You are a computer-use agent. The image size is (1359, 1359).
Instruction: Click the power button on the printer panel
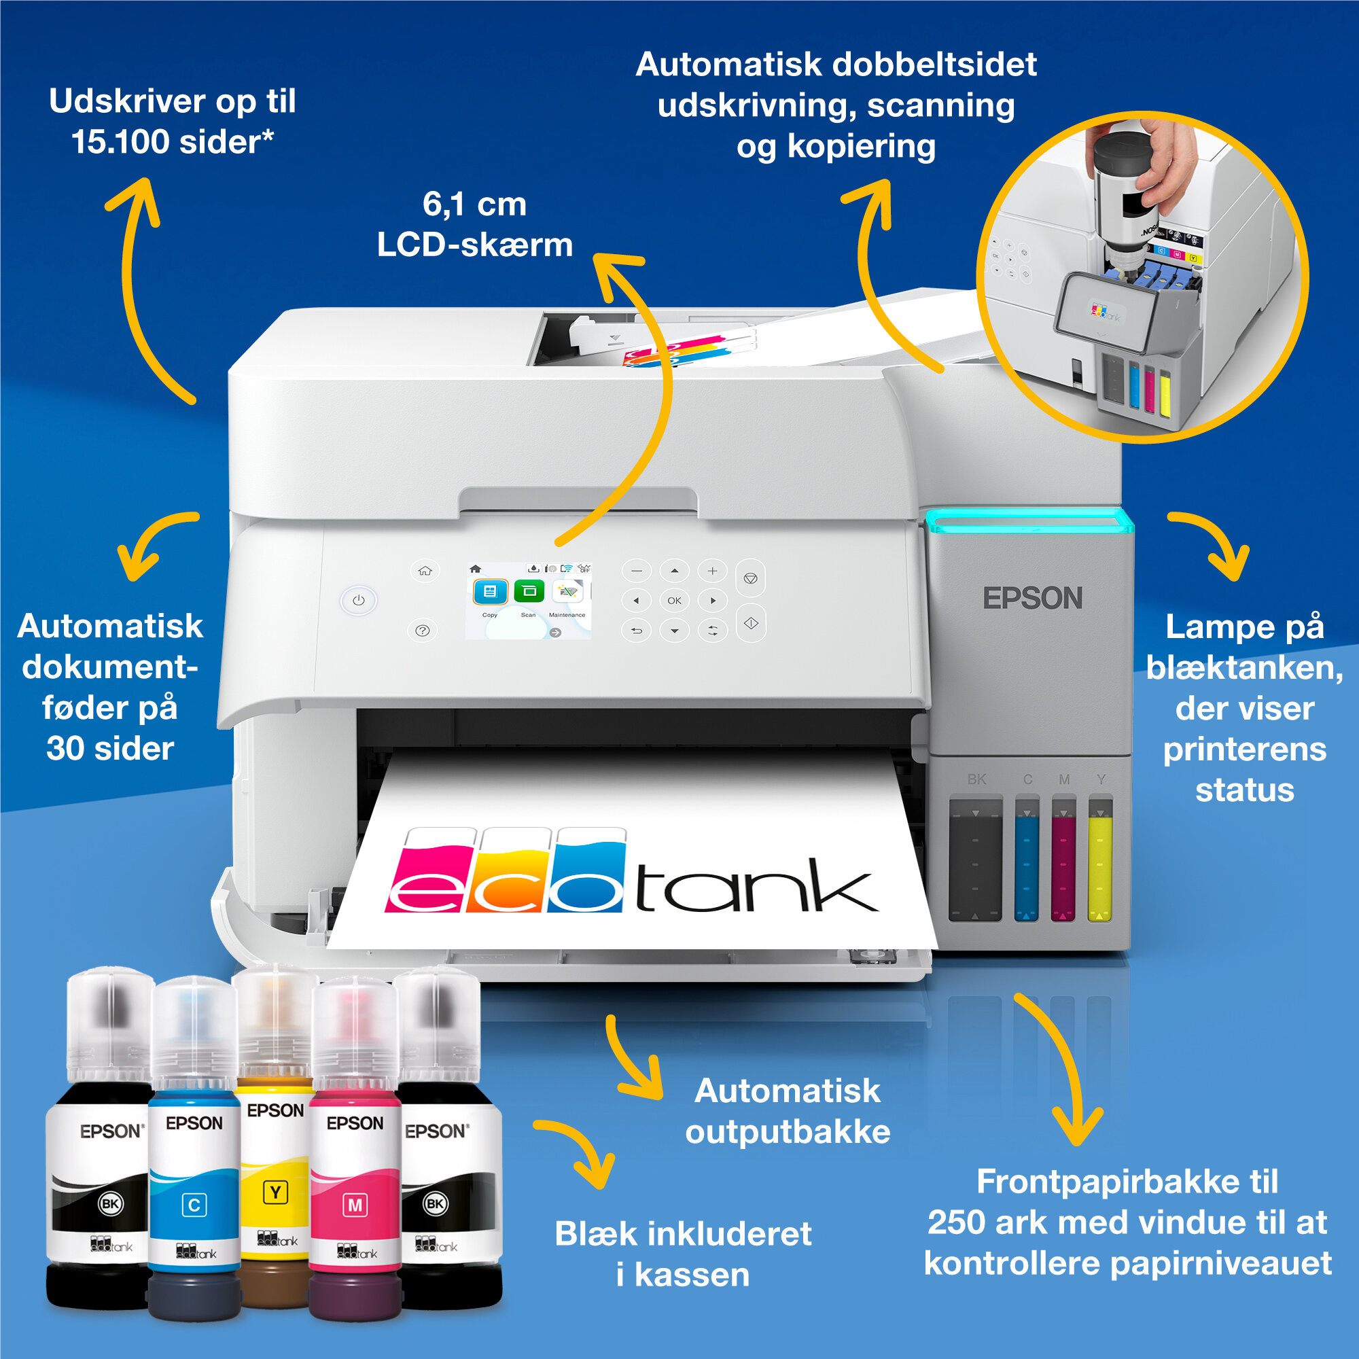pyautogui.click(x=359, y=600)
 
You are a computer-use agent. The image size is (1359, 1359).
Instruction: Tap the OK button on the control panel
pyautogui.click(x=674, y=600)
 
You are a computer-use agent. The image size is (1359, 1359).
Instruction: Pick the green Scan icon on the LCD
pyautogui.click(x=529, y=591)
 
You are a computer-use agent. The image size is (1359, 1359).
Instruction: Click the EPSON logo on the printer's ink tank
pyautogui.click(x=1032, y=599)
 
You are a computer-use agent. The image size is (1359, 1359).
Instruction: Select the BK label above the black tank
pyautogui.click(x=976, y=779)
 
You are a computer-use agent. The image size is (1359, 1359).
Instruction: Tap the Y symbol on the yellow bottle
pyautogui.click(x=275, y=1192)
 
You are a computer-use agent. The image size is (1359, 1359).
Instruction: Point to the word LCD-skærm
pyautogui.click(x=475, y=245)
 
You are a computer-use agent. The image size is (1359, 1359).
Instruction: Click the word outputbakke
pyautogui.click(x=788, y=1133)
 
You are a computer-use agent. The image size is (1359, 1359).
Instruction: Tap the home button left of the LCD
pyautogui.click(x=425, y=571)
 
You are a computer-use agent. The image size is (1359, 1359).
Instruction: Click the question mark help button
pyautogui.click(x=423, y=631)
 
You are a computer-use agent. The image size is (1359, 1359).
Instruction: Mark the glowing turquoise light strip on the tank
pyautogui.click(x=1029, y=521)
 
